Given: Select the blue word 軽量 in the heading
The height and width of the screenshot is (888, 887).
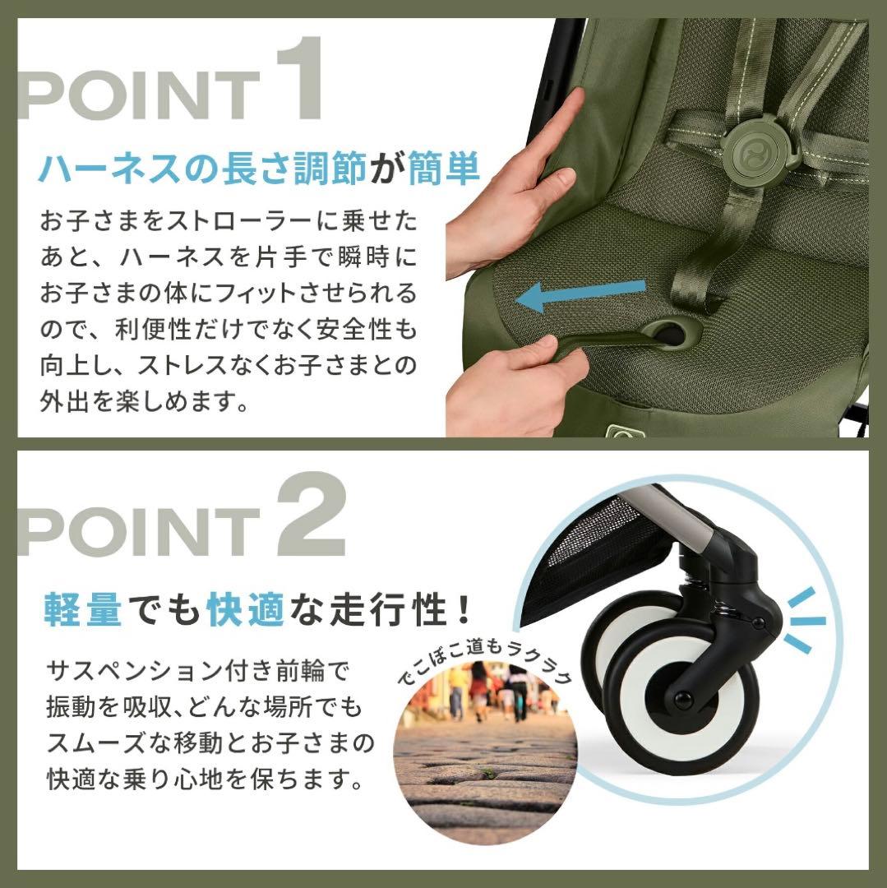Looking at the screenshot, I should tap(83, 610).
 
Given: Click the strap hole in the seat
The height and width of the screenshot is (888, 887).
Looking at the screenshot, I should tap(670, 333).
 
